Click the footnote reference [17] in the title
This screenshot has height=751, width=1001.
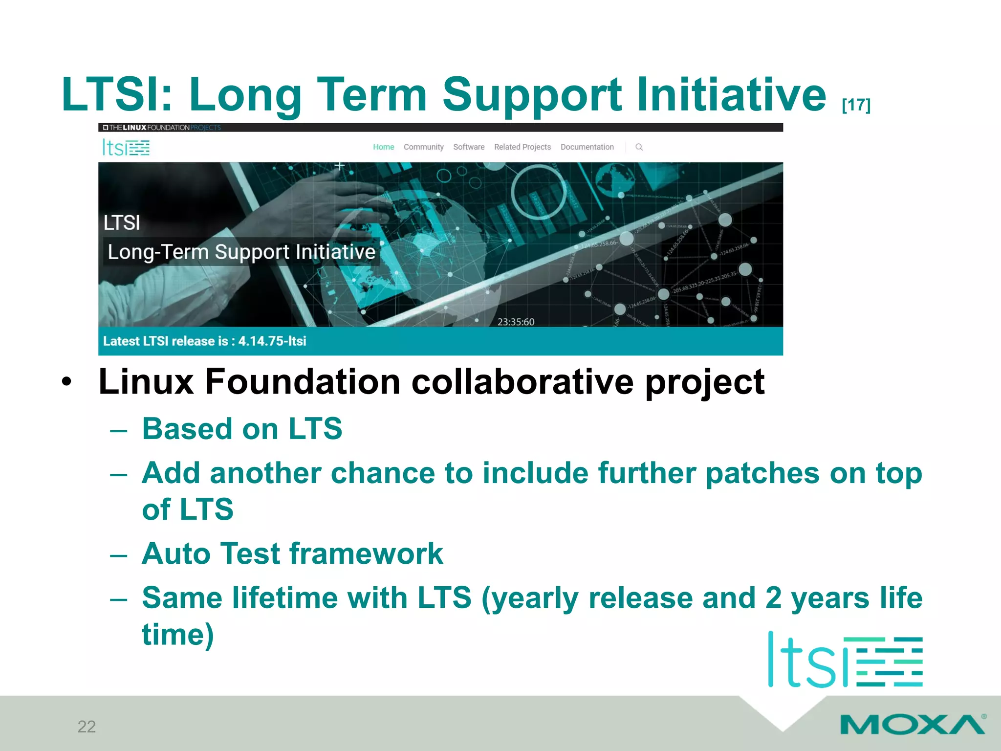tap(856, 105)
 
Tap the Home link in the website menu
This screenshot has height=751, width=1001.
tap(383, 147)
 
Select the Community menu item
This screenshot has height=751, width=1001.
tap(423, 147)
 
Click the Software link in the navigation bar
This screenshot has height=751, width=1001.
tap(468, 147)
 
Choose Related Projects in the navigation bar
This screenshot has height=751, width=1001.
tap(522, 147)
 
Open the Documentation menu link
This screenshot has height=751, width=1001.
tap(587, 147)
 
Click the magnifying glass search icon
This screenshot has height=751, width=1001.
tap(639, 147)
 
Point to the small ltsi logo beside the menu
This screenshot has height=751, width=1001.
tap(126, 147)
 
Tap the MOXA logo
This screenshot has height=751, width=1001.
tap(912, 724)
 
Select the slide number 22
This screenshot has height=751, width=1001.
tap(87, 727)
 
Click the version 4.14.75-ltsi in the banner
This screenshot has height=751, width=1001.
tap(272, 341)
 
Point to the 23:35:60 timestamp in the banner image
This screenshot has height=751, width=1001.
tap(516, 322)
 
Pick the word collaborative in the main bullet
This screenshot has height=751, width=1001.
tap(522, 382)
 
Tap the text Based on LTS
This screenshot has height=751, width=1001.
tap(242, 429)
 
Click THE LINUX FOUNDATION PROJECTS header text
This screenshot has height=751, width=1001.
tap(162, 128)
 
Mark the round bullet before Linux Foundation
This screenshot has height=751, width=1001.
tap(67, 382)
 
